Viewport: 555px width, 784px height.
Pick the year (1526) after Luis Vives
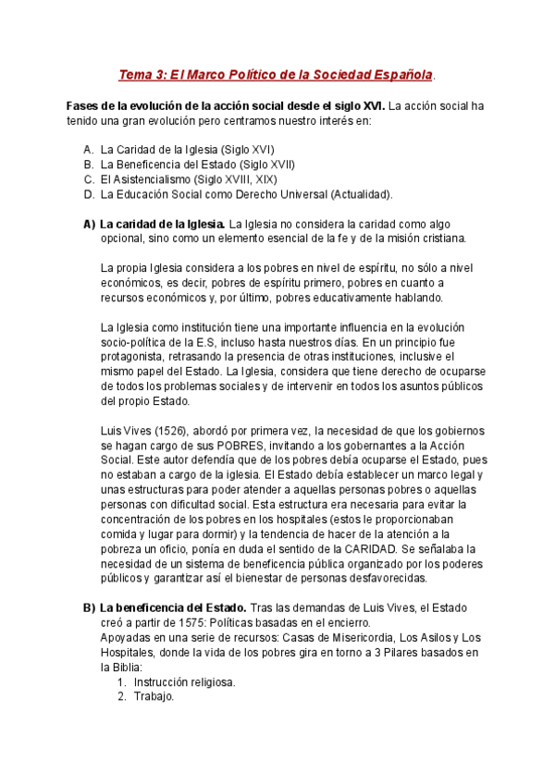coord(166,431)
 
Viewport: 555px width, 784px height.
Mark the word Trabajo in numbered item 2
coord(153,697)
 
